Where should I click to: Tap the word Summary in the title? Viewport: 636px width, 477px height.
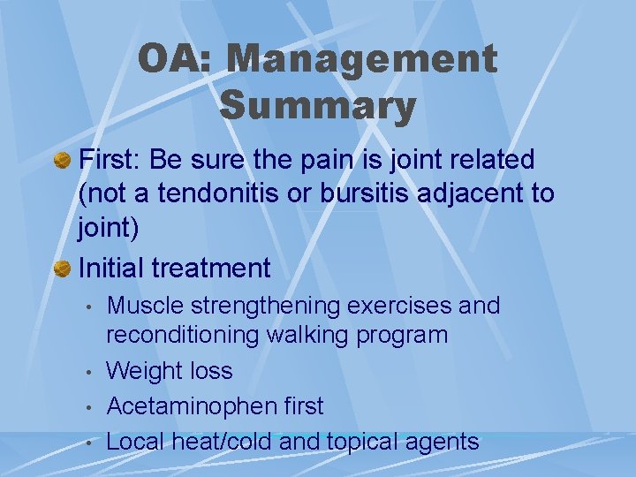(317, 106)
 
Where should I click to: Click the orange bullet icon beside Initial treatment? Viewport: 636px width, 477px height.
(63, 268)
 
